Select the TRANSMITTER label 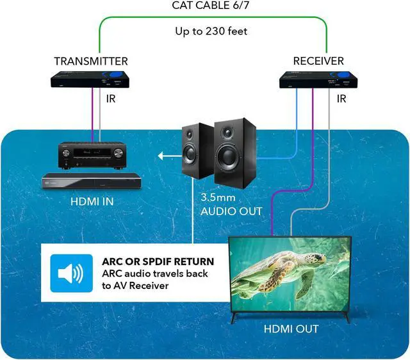[x=90, y=61]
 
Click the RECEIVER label [x=318, y=61]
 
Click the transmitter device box [x=89, y=80]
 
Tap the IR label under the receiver [x=341, y=100]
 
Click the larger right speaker [x=234, y=149]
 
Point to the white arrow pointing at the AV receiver [x=168, y=155]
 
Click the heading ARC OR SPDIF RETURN [x=158, y=261]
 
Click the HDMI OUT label [x=291, y=329]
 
